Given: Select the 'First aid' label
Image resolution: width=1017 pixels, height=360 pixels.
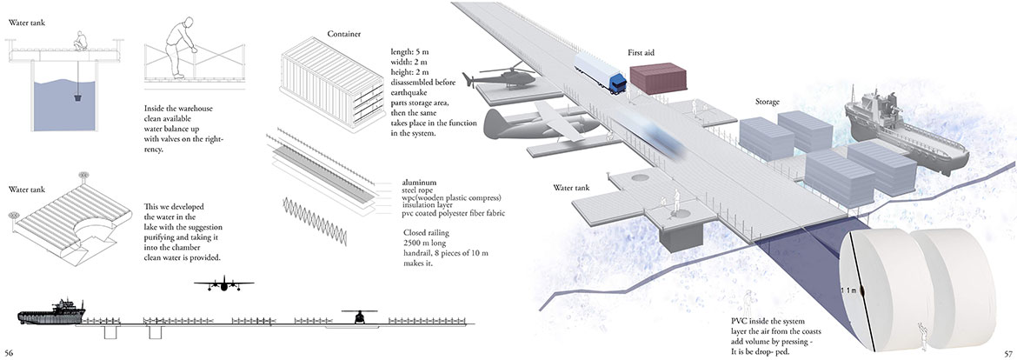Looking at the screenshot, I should point(641,53).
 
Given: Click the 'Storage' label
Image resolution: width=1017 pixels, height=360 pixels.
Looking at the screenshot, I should point(767,102).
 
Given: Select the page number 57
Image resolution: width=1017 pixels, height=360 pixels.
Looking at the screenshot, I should point(1006,352).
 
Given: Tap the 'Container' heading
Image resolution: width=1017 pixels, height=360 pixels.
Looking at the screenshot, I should point(344,34).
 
